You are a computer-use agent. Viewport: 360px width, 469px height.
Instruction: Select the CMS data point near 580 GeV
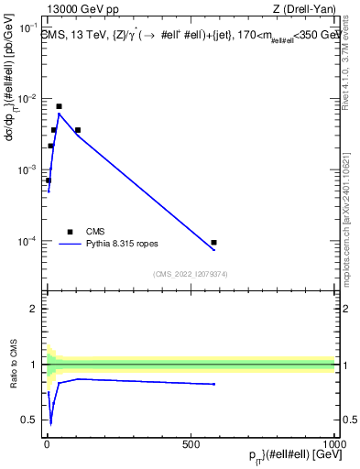(x=213, y=243)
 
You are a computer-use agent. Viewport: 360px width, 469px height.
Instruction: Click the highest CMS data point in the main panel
(x=59, y=106)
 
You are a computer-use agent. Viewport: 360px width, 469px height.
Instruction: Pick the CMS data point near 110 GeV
(x=78, y=130)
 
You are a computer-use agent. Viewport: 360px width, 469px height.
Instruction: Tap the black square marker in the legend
(x=70, y=232)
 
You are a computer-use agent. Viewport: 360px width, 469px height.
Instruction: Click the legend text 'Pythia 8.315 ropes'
(x=127, y=245)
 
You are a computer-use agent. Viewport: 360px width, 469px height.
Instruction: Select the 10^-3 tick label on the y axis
(x=28, y=170)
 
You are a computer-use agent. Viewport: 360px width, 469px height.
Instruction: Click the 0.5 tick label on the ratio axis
(x=32, y=420)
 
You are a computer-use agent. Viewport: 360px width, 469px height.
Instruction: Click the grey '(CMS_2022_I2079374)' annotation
(x=190, y=273)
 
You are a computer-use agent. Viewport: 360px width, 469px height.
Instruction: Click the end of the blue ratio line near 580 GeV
(x=213, y=384)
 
